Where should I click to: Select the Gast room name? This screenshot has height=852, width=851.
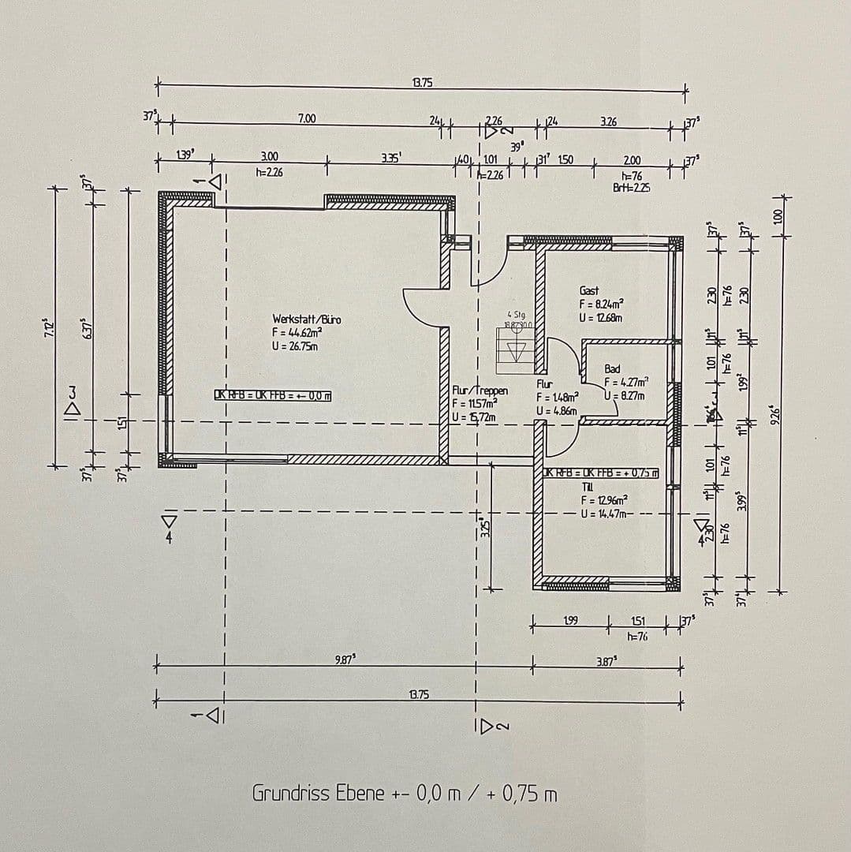coord(589,291)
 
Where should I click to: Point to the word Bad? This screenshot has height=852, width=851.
coord(612,369)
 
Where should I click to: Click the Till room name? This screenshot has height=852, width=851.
coord(588,487)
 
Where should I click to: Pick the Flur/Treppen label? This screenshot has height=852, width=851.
coord(480,390)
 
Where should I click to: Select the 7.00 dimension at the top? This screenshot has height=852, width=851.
coord(307,118)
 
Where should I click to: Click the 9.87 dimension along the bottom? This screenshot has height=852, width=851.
coord(345,659)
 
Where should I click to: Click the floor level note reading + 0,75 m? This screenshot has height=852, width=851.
coord(601,473)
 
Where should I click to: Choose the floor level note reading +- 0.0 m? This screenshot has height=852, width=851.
coord(272,395)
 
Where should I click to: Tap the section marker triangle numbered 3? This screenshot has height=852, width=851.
coord(73,401)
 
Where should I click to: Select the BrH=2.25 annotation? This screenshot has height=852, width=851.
coord(631,188)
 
